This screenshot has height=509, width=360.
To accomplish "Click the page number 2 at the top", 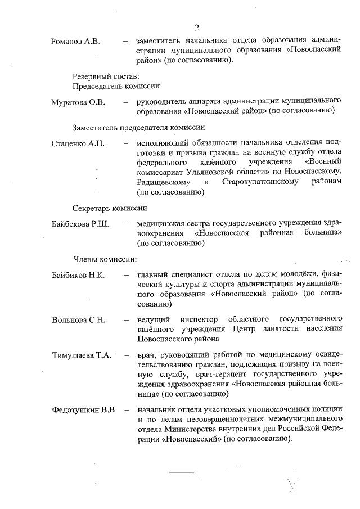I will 197,28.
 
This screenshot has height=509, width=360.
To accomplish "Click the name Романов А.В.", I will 75,42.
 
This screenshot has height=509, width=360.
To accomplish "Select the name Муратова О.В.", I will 78,102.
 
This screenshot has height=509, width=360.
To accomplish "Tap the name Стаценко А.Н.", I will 78,143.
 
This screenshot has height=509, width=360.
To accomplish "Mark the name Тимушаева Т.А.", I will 82,355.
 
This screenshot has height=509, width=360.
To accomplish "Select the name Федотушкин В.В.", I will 84,409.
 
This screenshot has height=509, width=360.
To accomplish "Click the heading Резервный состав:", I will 106,76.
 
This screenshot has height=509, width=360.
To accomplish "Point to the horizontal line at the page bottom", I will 199,471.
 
